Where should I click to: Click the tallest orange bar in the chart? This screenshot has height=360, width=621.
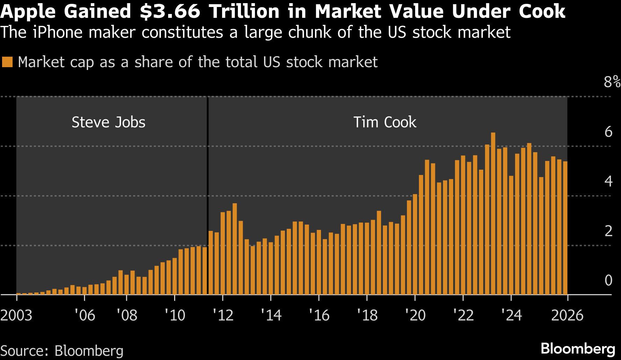493,213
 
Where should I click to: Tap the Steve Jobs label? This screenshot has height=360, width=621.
108,122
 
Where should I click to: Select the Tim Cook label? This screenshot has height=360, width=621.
385,122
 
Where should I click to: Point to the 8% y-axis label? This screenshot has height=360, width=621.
612,82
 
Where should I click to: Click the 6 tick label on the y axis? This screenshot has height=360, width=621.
608,132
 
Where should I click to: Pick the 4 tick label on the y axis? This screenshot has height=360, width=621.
608,182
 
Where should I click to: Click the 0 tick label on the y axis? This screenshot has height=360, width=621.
608,281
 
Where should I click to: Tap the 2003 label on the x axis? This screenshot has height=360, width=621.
16,316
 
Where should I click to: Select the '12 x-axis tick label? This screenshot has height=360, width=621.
223,316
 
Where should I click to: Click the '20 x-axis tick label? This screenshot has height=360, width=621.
415,316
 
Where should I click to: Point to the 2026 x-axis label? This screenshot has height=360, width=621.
567,316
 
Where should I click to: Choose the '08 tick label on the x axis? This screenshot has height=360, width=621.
127,316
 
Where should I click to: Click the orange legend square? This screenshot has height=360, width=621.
7,62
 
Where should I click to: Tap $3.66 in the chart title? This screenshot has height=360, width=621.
170,12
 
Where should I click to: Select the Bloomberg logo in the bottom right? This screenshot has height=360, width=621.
578,349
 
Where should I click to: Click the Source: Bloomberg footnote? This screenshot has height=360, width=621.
62,351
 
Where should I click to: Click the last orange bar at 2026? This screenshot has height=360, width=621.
565,227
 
